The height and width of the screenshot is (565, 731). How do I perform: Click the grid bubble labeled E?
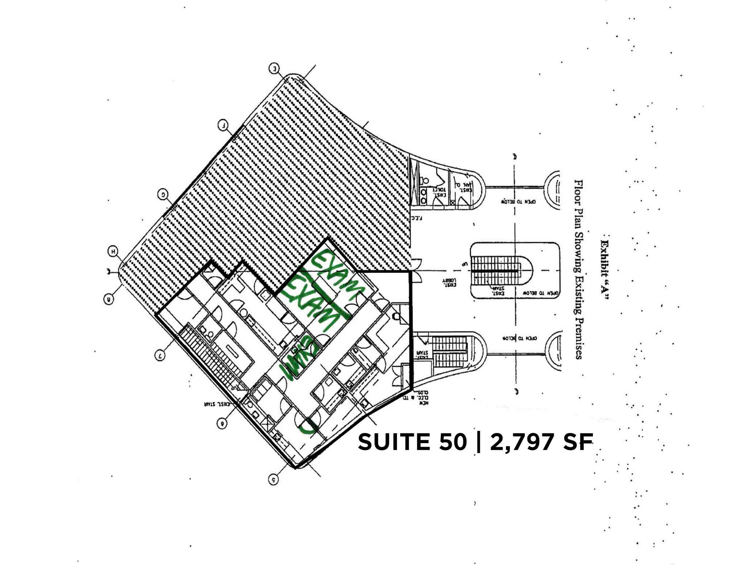[x=274, y=68]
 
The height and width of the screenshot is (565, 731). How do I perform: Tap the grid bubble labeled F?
[x=223, y=125]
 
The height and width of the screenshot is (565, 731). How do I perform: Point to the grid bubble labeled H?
[x=113, y=251]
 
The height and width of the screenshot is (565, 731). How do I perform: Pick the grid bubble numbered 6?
[x=222, y=423]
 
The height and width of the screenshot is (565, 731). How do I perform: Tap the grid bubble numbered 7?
[x=160, y=355]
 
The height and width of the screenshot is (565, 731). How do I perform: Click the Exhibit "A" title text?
[x=605, y=270]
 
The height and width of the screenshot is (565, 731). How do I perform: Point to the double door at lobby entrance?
[x=416, y=271]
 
